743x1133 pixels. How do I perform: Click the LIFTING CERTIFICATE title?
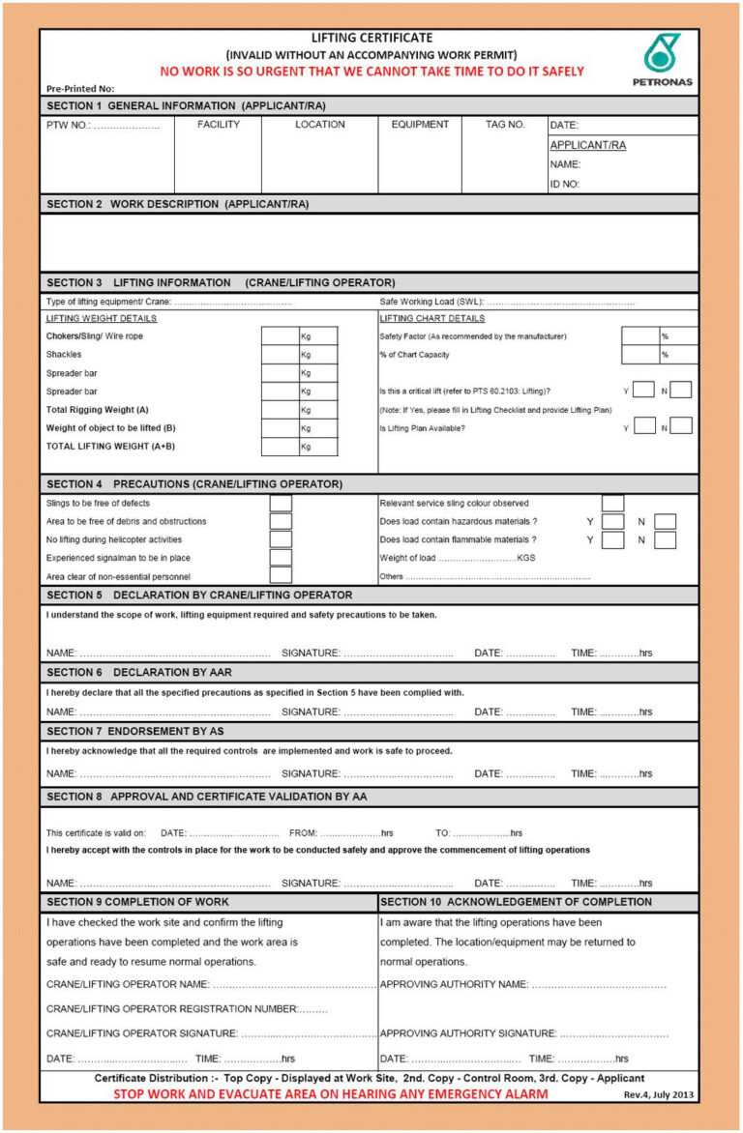[x=371, y=38]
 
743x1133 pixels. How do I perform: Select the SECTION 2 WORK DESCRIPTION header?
[x=178, y=204]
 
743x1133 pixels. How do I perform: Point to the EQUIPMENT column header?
[x=420, y=125]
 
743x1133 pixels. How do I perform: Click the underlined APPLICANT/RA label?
[x=587, y=145]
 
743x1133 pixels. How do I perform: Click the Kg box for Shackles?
[x=280, y=355]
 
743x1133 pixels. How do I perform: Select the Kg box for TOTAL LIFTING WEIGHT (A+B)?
[x=280, y=447]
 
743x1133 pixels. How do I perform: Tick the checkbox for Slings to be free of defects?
[x=281, y=503]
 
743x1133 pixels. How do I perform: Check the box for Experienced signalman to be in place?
[x=281, y=558]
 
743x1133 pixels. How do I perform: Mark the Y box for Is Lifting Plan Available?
[x=643, y=425]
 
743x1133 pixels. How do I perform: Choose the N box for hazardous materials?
[x=665, y=522]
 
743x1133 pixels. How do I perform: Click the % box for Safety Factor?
[x=639, y=336]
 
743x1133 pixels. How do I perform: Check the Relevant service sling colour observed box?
[x=612, y=503]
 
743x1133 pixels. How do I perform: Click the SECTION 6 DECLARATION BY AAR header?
[x=139, y=672]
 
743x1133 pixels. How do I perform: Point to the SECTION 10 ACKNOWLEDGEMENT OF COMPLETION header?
[x=516, y=902]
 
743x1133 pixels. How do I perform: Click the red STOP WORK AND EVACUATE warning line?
[x=330, y=1094]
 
